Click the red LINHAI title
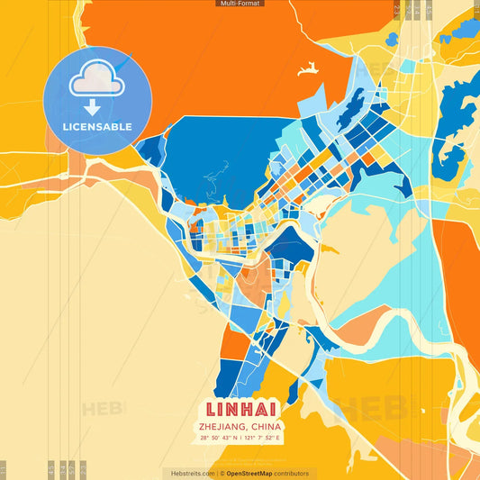(240, 409)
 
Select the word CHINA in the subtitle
(267, 426)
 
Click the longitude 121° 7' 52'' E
(263, 438)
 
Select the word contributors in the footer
(293, 473)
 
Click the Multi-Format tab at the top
(240, 4)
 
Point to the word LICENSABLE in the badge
(97, 127)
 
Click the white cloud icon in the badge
(97, 81)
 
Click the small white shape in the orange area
(308, 68)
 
